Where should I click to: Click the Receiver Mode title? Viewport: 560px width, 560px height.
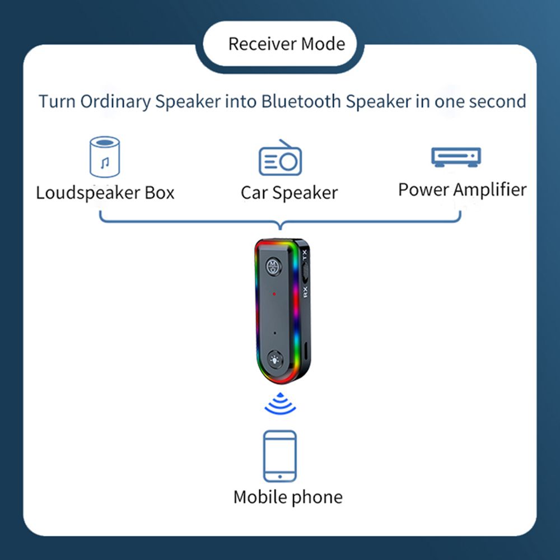[x=286, y=44]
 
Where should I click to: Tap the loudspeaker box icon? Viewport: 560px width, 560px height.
[x=105, y=157]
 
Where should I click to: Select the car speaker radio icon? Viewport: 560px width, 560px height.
[x=281, y=157]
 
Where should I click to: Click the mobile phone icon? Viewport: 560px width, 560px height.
[x=279, y=456]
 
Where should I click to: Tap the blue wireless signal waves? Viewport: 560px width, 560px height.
[x=280, y=404]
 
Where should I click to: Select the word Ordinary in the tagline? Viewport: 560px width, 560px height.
[x=115, y=102]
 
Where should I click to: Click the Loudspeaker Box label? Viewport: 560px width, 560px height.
[x=105, y=193]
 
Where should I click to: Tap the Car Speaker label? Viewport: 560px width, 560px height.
[x=290, y=193]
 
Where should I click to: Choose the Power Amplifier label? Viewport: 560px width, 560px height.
[x=462, y=190]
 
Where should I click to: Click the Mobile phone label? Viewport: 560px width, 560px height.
[x=288, y=497]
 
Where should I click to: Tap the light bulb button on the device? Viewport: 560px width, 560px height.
[x=274, y=360]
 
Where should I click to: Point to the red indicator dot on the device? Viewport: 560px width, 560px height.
[x=274, y=294]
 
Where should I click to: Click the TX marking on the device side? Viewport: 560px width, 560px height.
[x=305, y=254]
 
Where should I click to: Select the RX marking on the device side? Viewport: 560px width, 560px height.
[x=305, y=292]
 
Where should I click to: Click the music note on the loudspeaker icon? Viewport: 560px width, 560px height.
[x=105, y=163]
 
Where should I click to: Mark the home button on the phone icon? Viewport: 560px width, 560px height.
[x=279, y=477]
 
